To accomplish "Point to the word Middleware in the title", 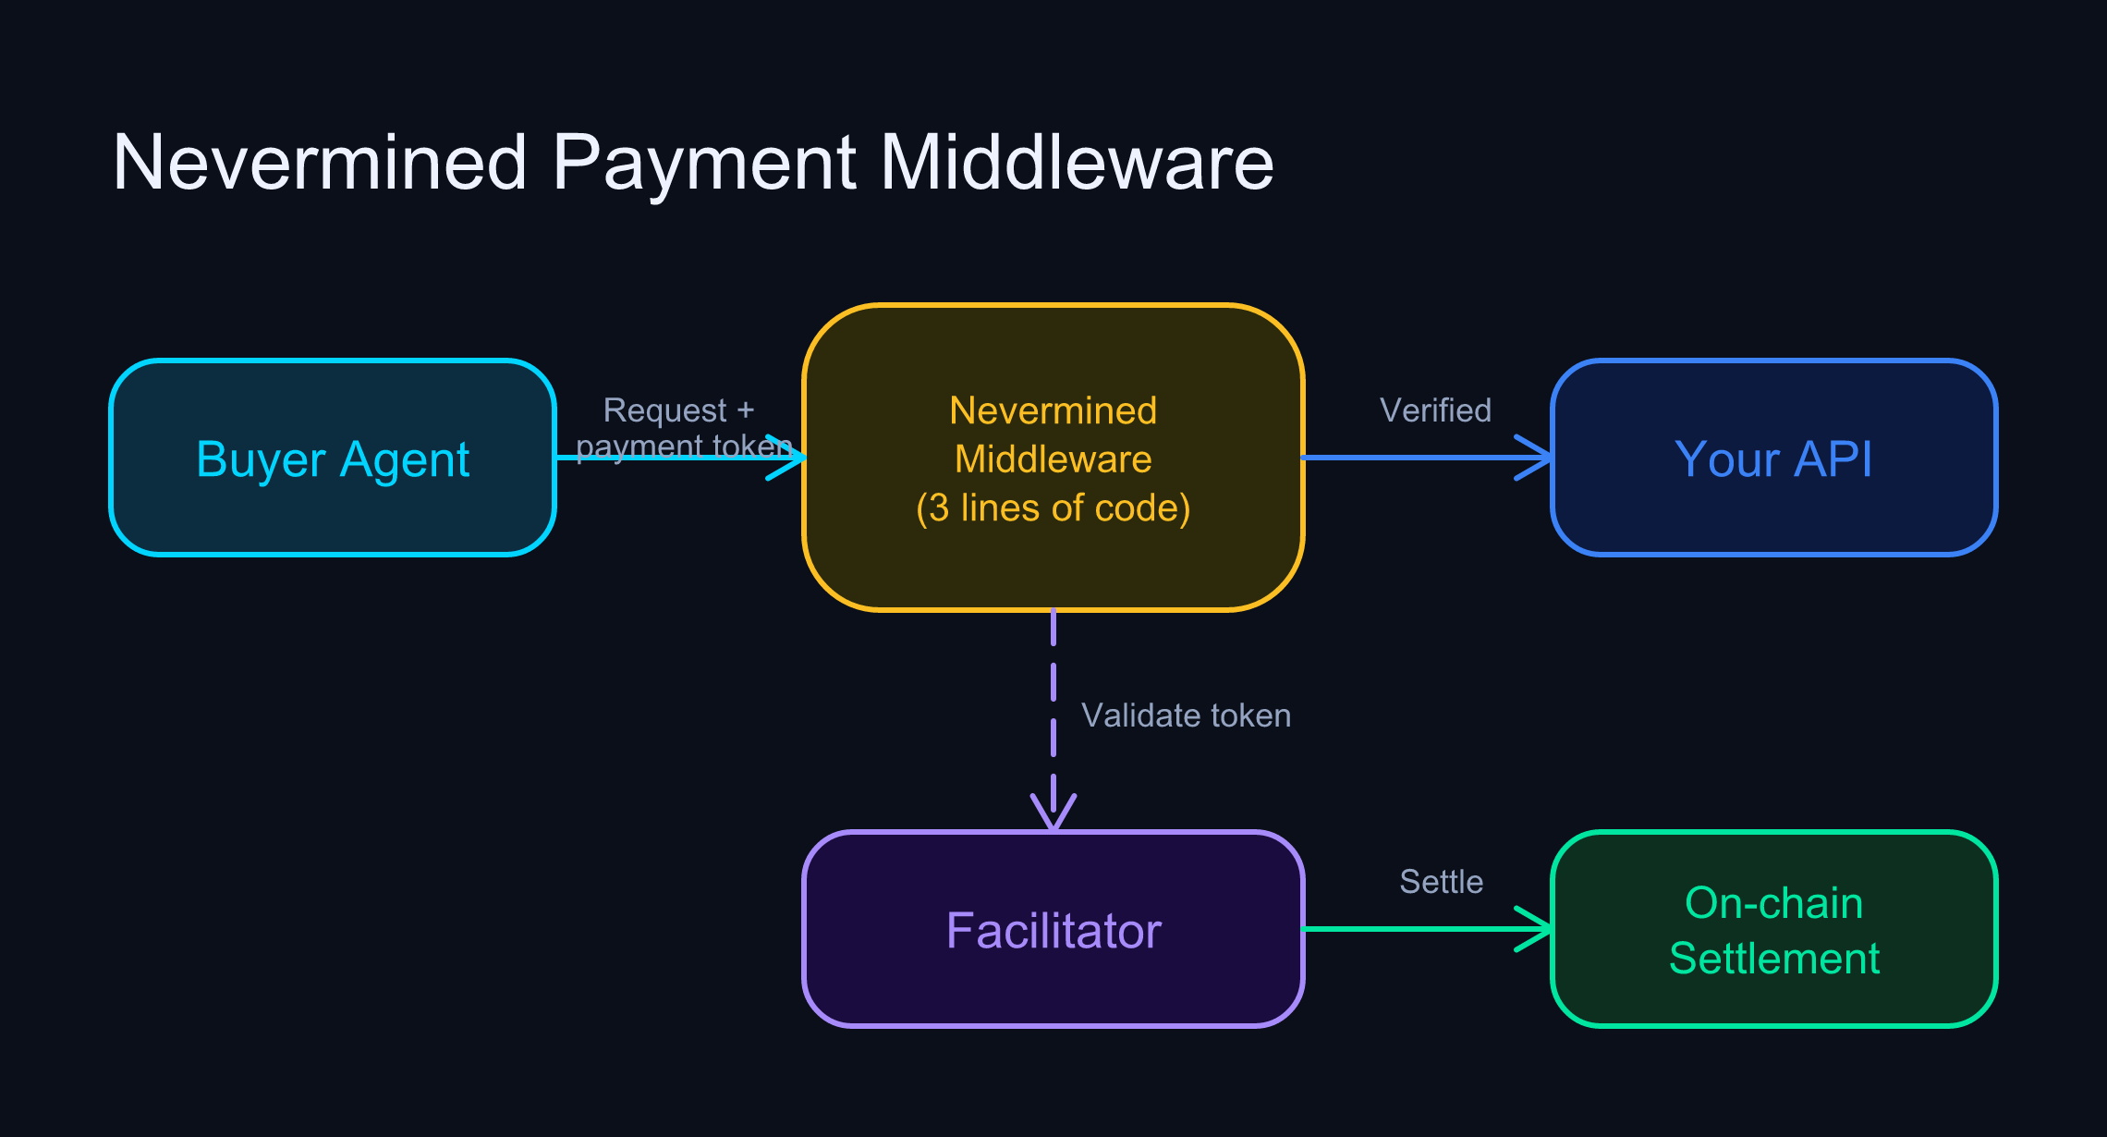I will (1077, 164).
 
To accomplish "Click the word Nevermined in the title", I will (319, 164).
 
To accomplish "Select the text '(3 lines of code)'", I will (1053, 507).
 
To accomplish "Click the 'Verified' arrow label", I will (1435, 410).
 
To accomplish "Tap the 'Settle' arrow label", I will (1441, 882).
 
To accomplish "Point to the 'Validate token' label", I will (1186, 715).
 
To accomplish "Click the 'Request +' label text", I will (678, 410).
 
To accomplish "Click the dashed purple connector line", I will (1053, 703).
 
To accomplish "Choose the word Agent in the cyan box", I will (405, 459).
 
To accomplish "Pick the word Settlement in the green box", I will (1774, 959).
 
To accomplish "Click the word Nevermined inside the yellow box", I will (1053, 410).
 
